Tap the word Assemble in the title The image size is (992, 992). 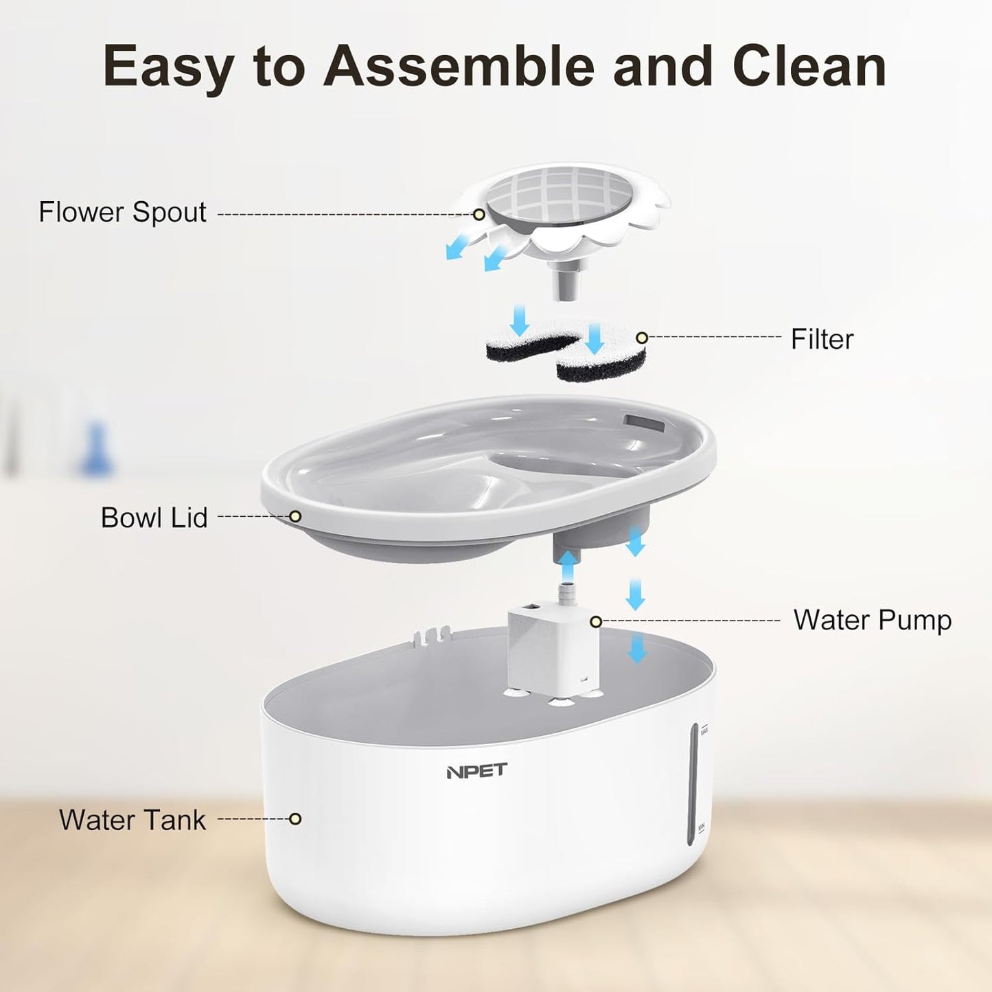pos(459,67)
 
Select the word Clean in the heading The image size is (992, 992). pos(809,67)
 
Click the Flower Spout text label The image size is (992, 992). pos(122,212)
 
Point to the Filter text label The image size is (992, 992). pos(822,339)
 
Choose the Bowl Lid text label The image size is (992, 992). pos(154,518)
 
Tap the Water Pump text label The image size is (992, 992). pos(873,621)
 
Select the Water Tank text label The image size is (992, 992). pos(132,820)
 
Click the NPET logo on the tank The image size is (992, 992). pos(476,771)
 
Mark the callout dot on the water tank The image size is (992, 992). pos(295,819)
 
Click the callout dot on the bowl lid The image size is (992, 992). pos(295,516)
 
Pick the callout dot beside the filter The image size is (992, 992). pos(641,338)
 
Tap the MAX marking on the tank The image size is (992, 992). pos(704,730)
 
